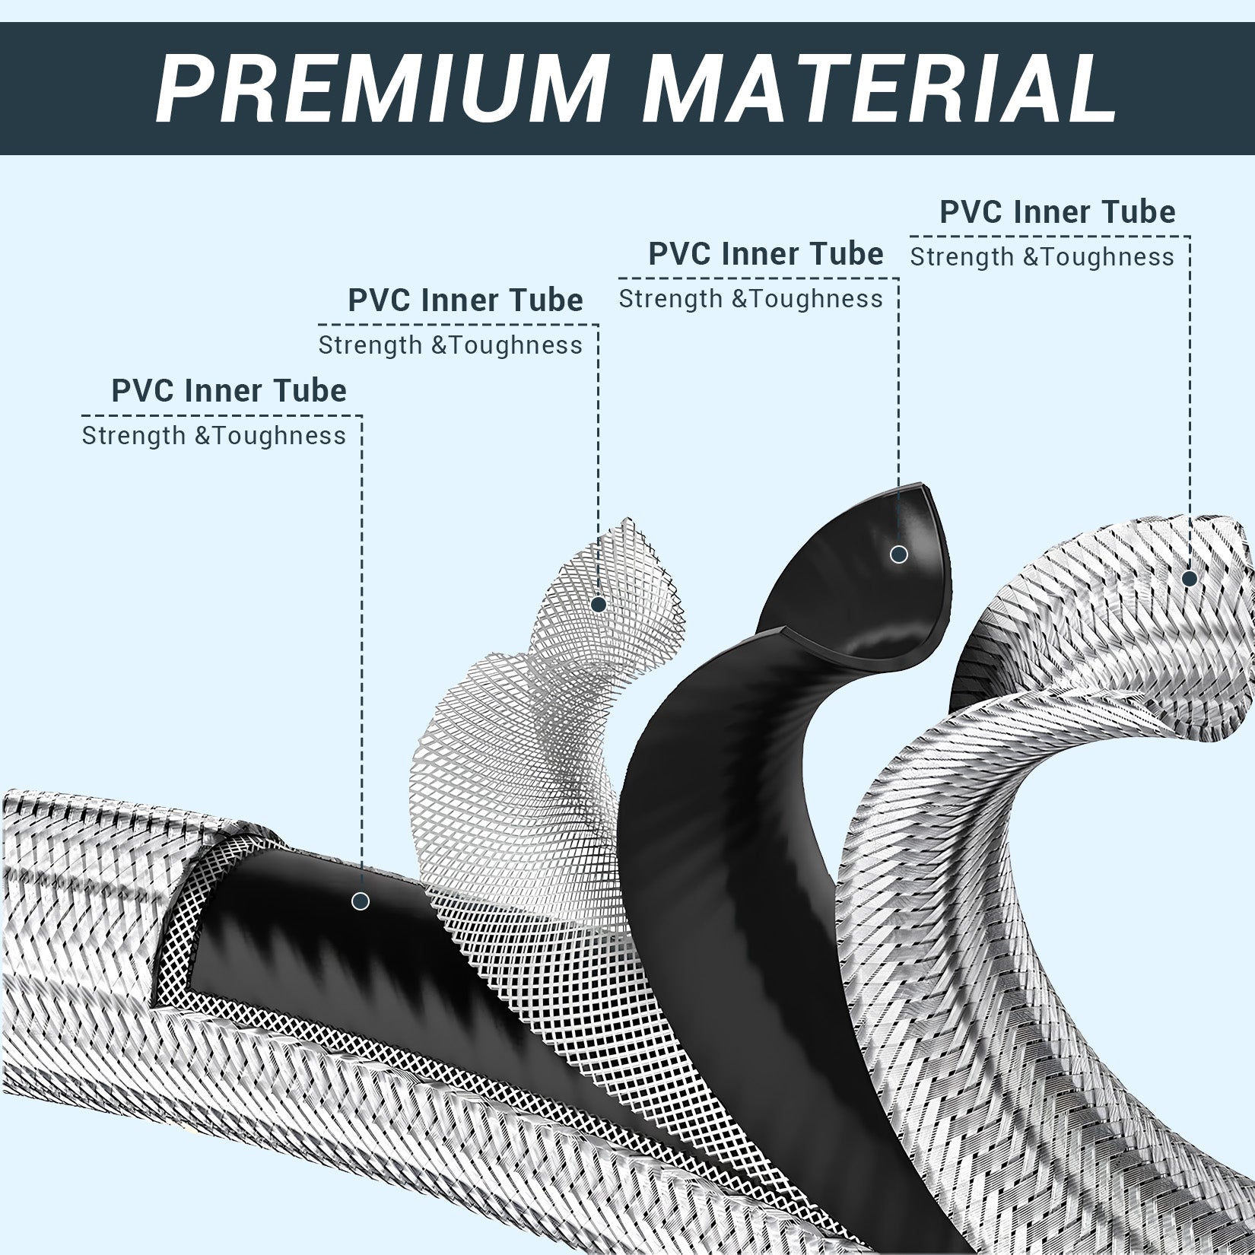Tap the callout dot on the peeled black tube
[899, 554]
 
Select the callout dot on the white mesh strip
[599, 605]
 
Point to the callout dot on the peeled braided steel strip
[1190, 579]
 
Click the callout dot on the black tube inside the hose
[361, 901]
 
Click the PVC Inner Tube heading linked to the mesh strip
[465, 300]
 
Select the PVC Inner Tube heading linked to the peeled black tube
[766, 254]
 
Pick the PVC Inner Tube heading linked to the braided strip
[1058, 211]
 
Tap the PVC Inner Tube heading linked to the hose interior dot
[229, 391]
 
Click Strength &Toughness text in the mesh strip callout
[450, 346]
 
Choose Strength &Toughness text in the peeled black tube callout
[751, 299]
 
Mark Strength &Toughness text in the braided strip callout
[1042, 257]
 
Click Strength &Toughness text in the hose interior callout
[214, 437]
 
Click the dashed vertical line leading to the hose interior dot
[361, 654]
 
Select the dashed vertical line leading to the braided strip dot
[1190, 402]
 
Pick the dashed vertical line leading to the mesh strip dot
[599, 460]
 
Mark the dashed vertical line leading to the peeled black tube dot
[899, 411]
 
